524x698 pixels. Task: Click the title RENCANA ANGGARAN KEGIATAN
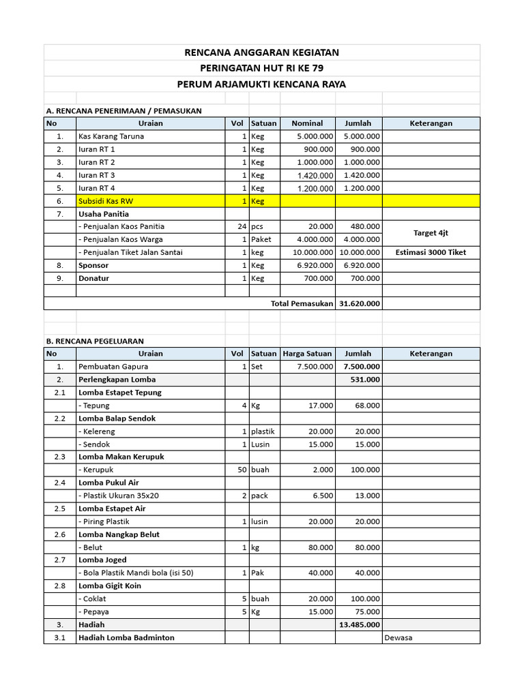click(262, 52)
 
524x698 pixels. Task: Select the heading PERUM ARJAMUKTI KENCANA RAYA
click(262, 85)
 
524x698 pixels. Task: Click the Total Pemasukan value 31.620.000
click(359, 303)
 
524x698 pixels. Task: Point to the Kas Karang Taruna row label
click(111, 136)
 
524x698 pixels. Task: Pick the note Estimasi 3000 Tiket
click(431, 252)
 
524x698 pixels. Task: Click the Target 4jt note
click(431, 233)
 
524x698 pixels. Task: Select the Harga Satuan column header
click(307, 354)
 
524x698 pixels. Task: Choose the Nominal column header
click(307, 123)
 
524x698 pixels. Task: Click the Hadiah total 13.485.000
click(359, 624)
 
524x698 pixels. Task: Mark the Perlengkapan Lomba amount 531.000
click(365, 380)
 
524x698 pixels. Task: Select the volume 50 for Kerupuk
click(241, 470)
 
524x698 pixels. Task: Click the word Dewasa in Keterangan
click(398, 638)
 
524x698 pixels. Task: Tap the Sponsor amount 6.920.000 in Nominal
click(315, 265)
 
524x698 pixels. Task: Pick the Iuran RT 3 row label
click(96, 175)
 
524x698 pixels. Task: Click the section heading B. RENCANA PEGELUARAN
click(95, 341)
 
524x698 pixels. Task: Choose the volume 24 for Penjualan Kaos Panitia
click(241, 226)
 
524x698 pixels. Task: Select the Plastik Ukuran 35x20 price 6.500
click(320, 496)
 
